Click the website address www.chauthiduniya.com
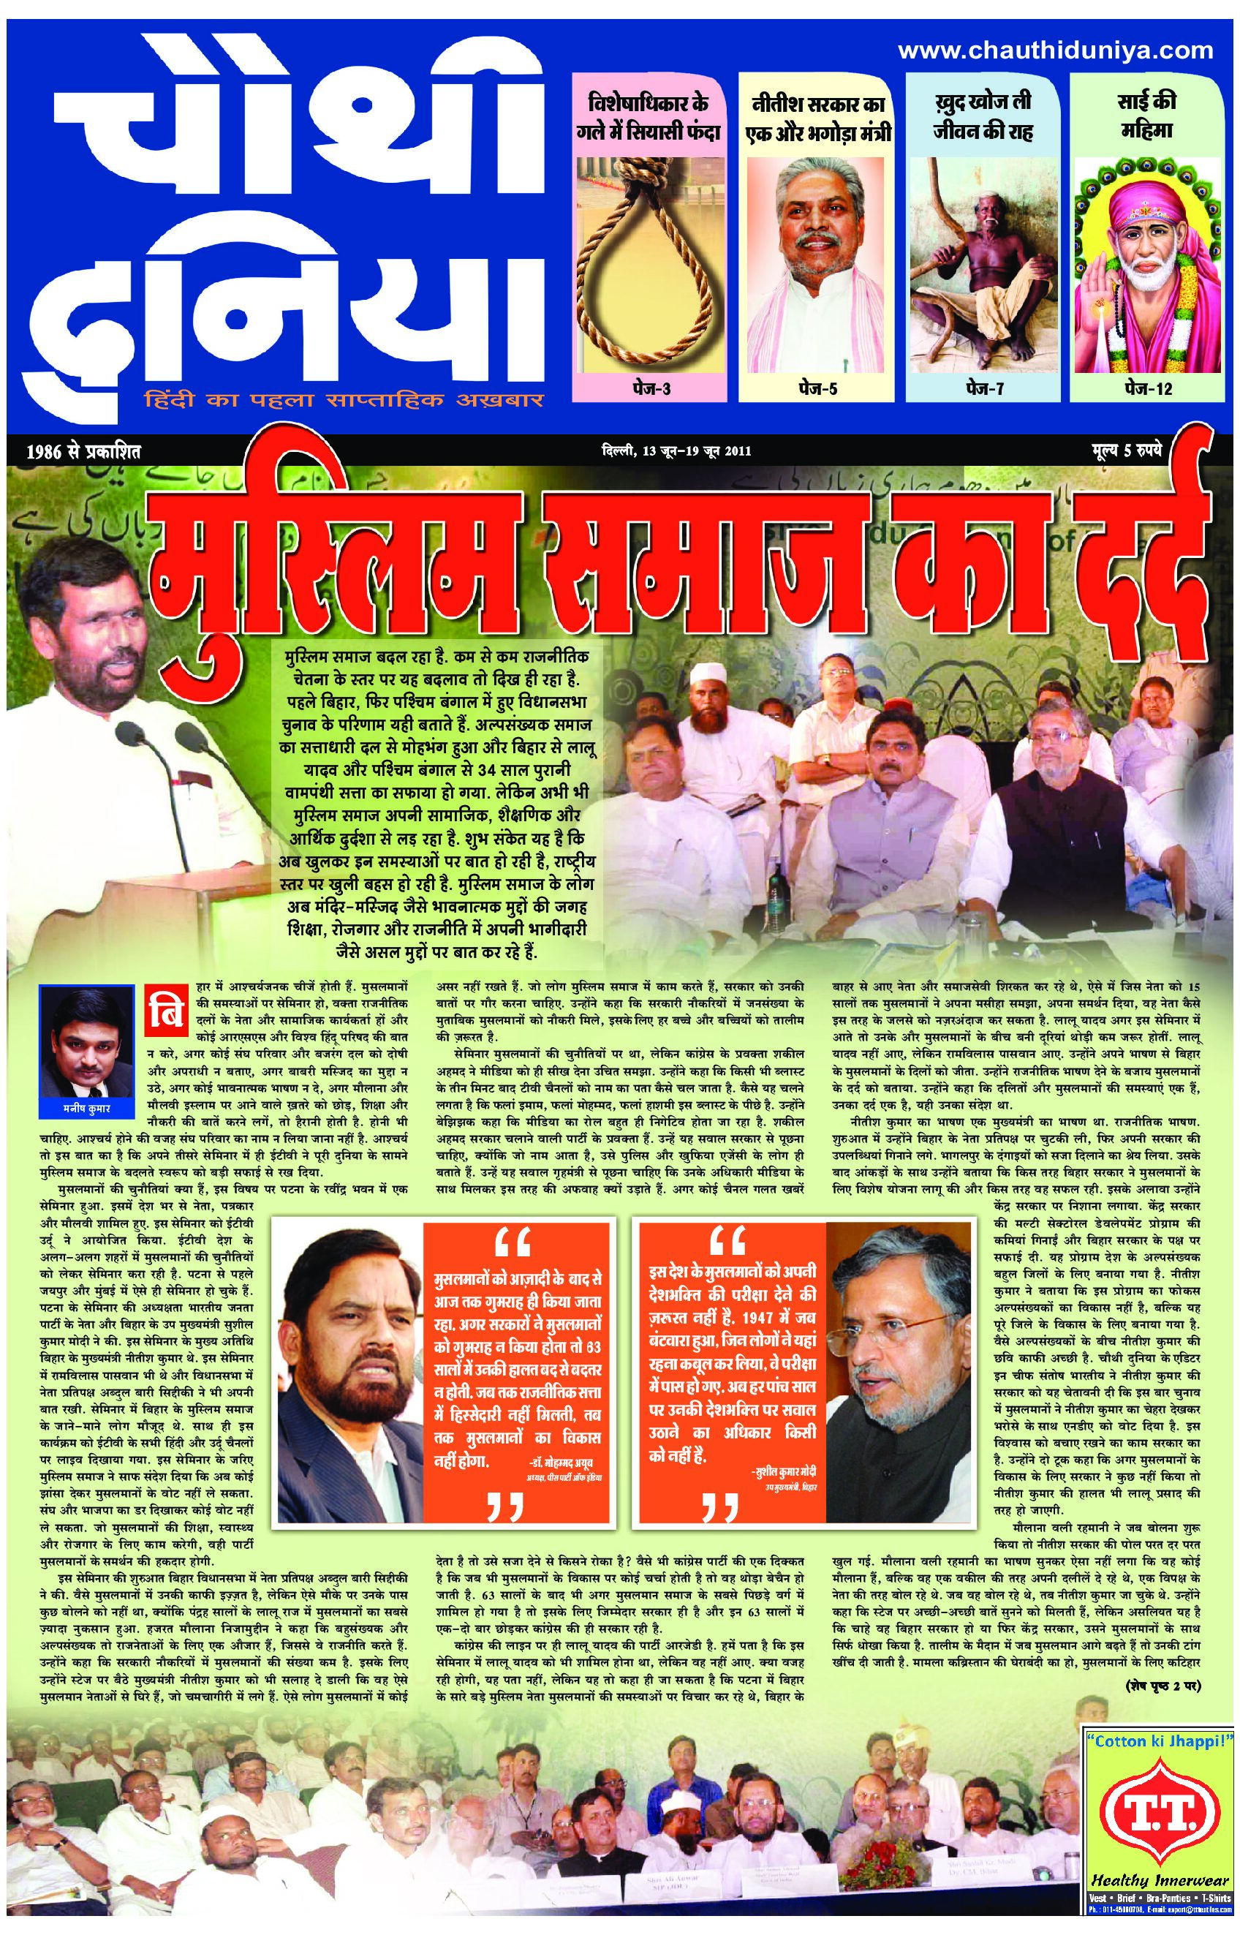pyautogui.click(x=1055, y=50)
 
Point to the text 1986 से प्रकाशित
pyautogui.click(x=83, y=452)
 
